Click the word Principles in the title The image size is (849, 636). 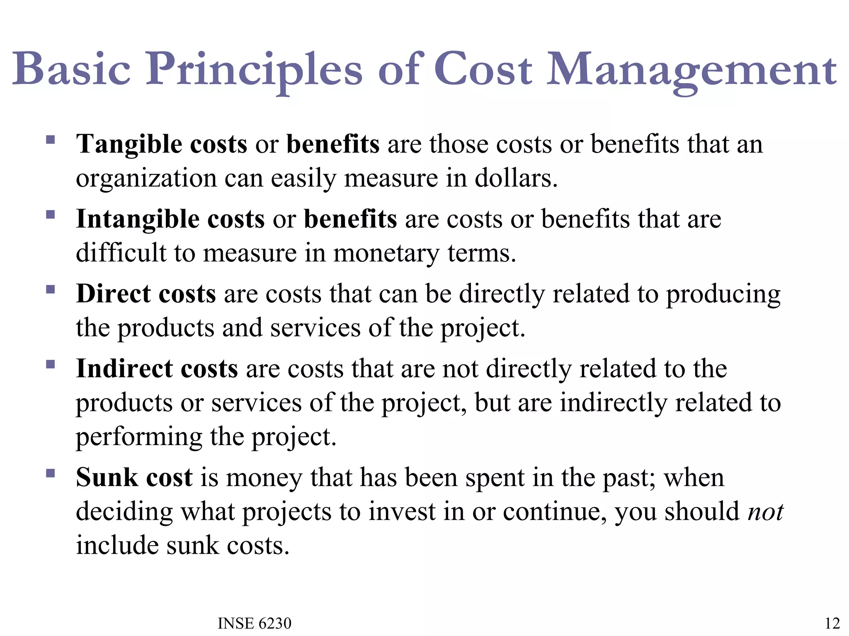coord(254,70)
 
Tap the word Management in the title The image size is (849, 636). coord(691,70)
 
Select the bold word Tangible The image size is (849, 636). coord(129,144)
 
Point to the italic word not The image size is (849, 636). coord(765,512)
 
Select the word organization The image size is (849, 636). coord(146,178)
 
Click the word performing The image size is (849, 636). coord(139,437)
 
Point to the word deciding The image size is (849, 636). coord(124,512)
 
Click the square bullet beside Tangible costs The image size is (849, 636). coord(51,140)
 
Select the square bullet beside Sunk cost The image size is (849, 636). coord(51,473)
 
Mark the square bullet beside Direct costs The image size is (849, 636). coord(51,289)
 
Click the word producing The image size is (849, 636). coord(723,295)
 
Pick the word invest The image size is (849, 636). coord(402,512)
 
